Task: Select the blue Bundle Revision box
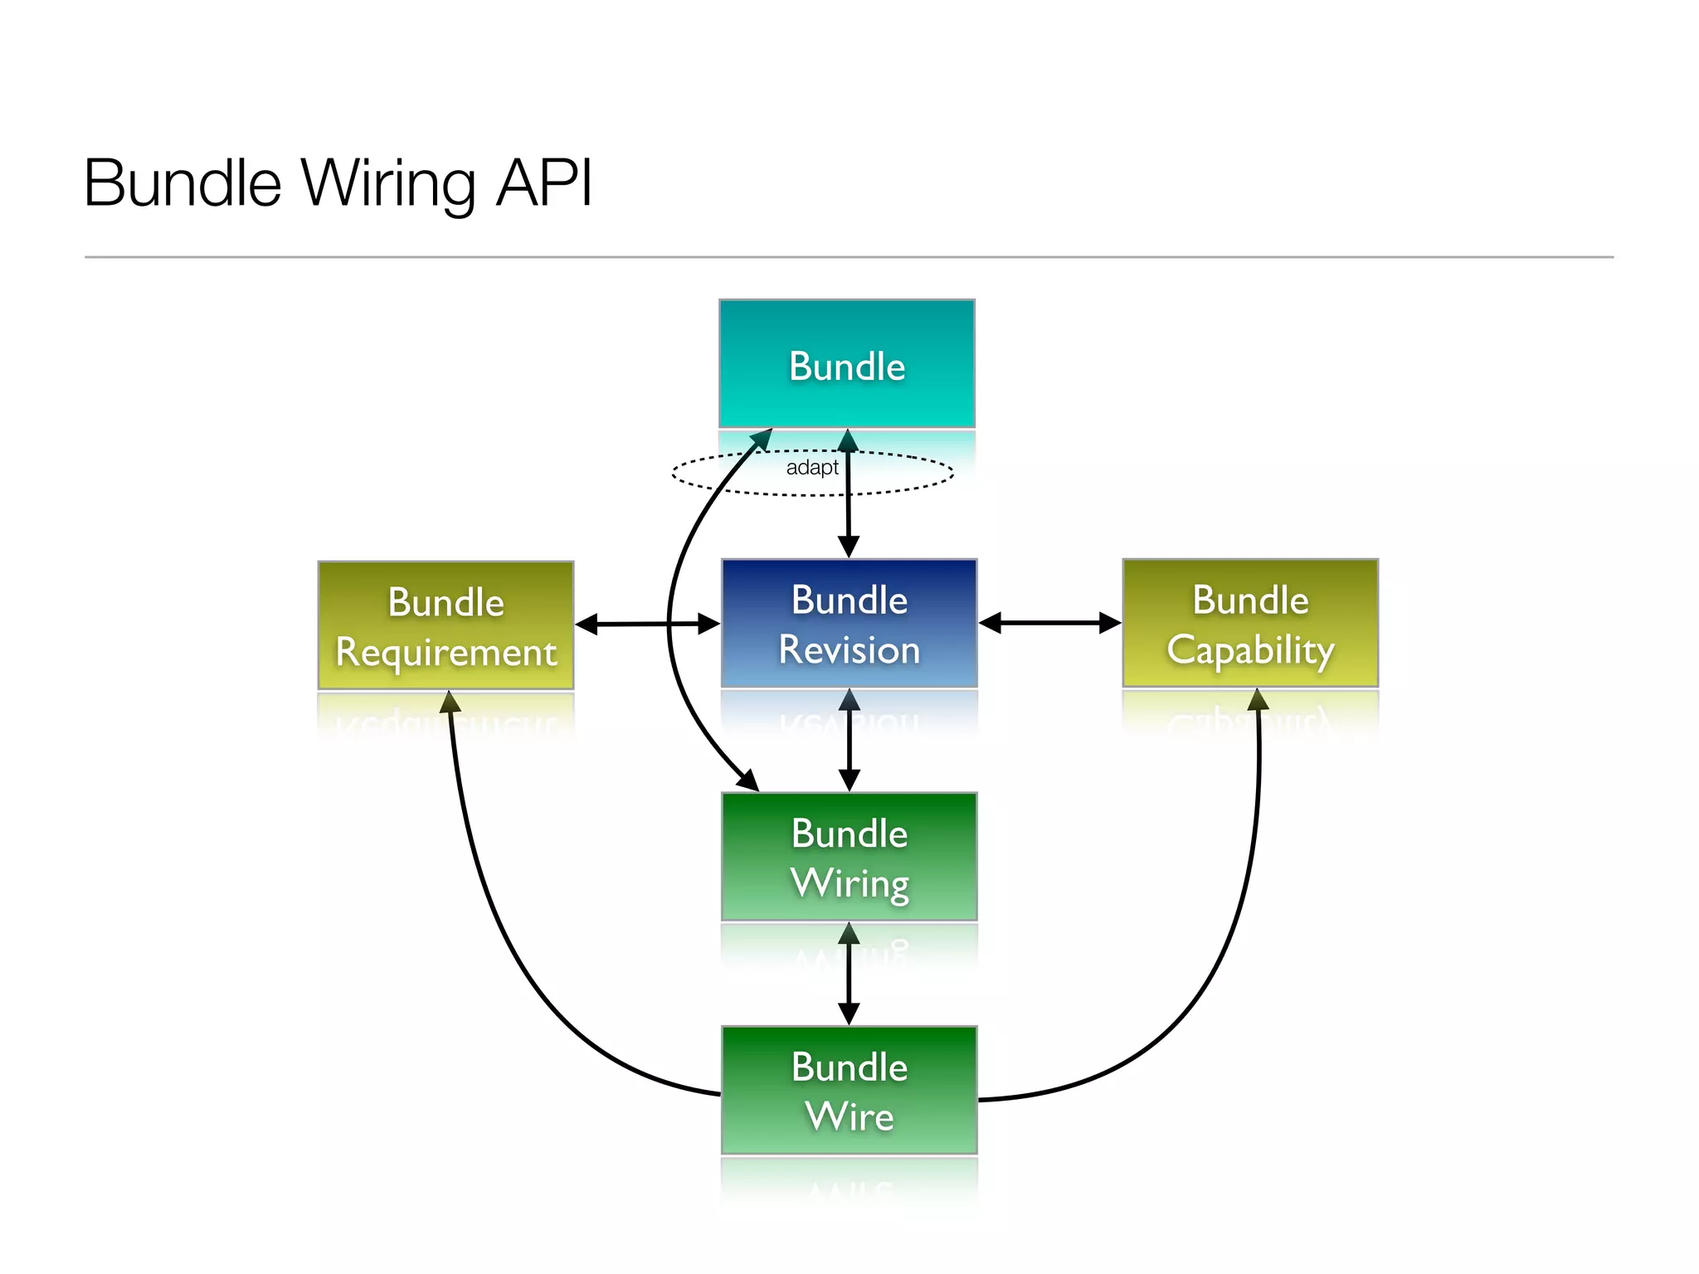point(849,623)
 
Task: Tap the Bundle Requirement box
point(445,625)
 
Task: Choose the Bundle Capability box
point(1250,623)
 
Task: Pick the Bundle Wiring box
point(849,856)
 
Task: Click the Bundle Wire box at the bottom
point(849,1090)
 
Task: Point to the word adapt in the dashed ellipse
point(811,468)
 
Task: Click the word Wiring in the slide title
point(388,183)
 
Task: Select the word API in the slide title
point(543,183)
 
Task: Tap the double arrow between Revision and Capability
point(1049,623)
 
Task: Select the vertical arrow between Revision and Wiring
point(849,740)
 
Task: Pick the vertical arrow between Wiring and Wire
point(849,973)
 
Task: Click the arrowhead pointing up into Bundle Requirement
point(450,703)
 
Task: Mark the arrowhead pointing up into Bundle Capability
point(1258,700)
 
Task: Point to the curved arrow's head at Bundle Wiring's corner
point(748,780)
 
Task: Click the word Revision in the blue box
point(849,649)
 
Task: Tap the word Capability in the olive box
point(1250,649)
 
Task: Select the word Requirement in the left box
point(445,653)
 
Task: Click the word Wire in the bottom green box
point(849,1116)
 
